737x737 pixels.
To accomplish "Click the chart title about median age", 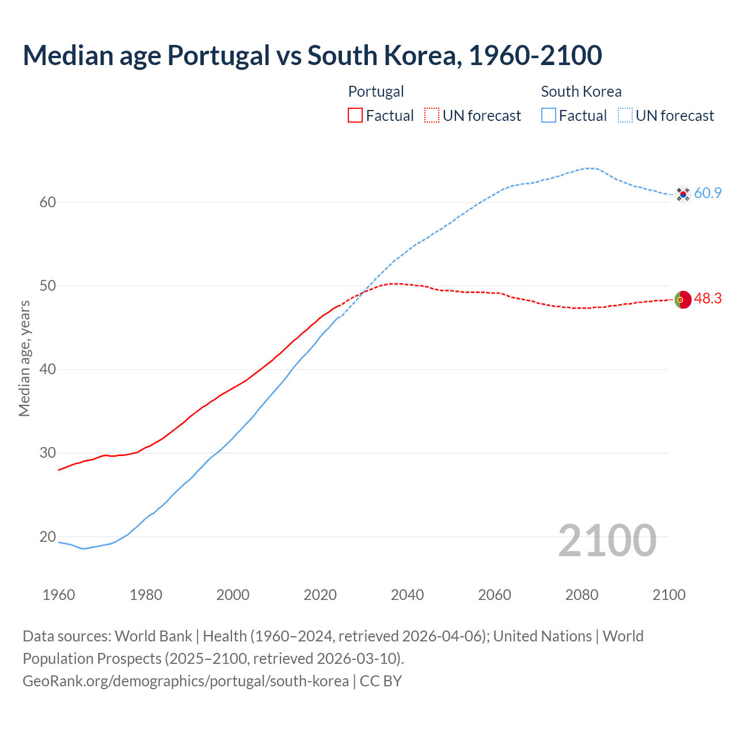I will [x=312, y=55].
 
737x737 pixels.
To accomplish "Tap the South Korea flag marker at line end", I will [x=683, y=194].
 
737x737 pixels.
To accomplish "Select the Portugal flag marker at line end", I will [x=683, y=299].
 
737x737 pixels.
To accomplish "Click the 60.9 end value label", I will [x=708, y=193].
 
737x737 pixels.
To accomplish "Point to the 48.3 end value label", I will [x=708, y=299].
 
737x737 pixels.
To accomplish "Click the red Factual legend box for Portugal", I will [x=355, y=116].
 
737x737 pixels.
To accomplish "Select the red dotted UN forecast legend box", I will [x=432, y=116].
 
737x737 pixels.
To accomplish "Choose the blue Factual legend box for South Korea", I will [x=549, y=116].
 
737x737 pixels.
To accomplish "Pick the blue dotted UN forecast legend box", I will [x=625, y=116].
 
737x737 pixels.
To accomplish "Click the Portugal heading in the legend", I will [x=376, y=92].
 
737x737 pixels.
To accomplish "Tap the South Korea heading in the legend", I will [x=581, y=92].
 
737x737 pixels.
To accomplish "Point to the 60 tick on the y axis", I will [x=48, y=202].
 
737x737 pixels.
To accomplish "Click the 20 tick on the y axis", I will [x=48, y=537].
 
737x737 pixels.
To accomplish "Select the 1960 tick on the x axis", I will [x=59, y=595].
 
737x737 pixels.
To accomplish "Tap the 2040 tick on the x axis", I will [x=407, y=595].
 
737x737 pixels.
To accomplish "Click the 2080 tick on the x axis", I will [x=582, y=595].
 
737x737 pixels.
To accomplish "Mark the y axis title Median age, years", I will [x=24, y=358].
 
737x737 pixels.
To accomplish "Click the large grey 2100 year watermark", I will [x=607, y=540].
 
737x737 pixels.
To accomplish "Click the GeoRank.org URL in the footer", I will [x=185, y=681].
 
